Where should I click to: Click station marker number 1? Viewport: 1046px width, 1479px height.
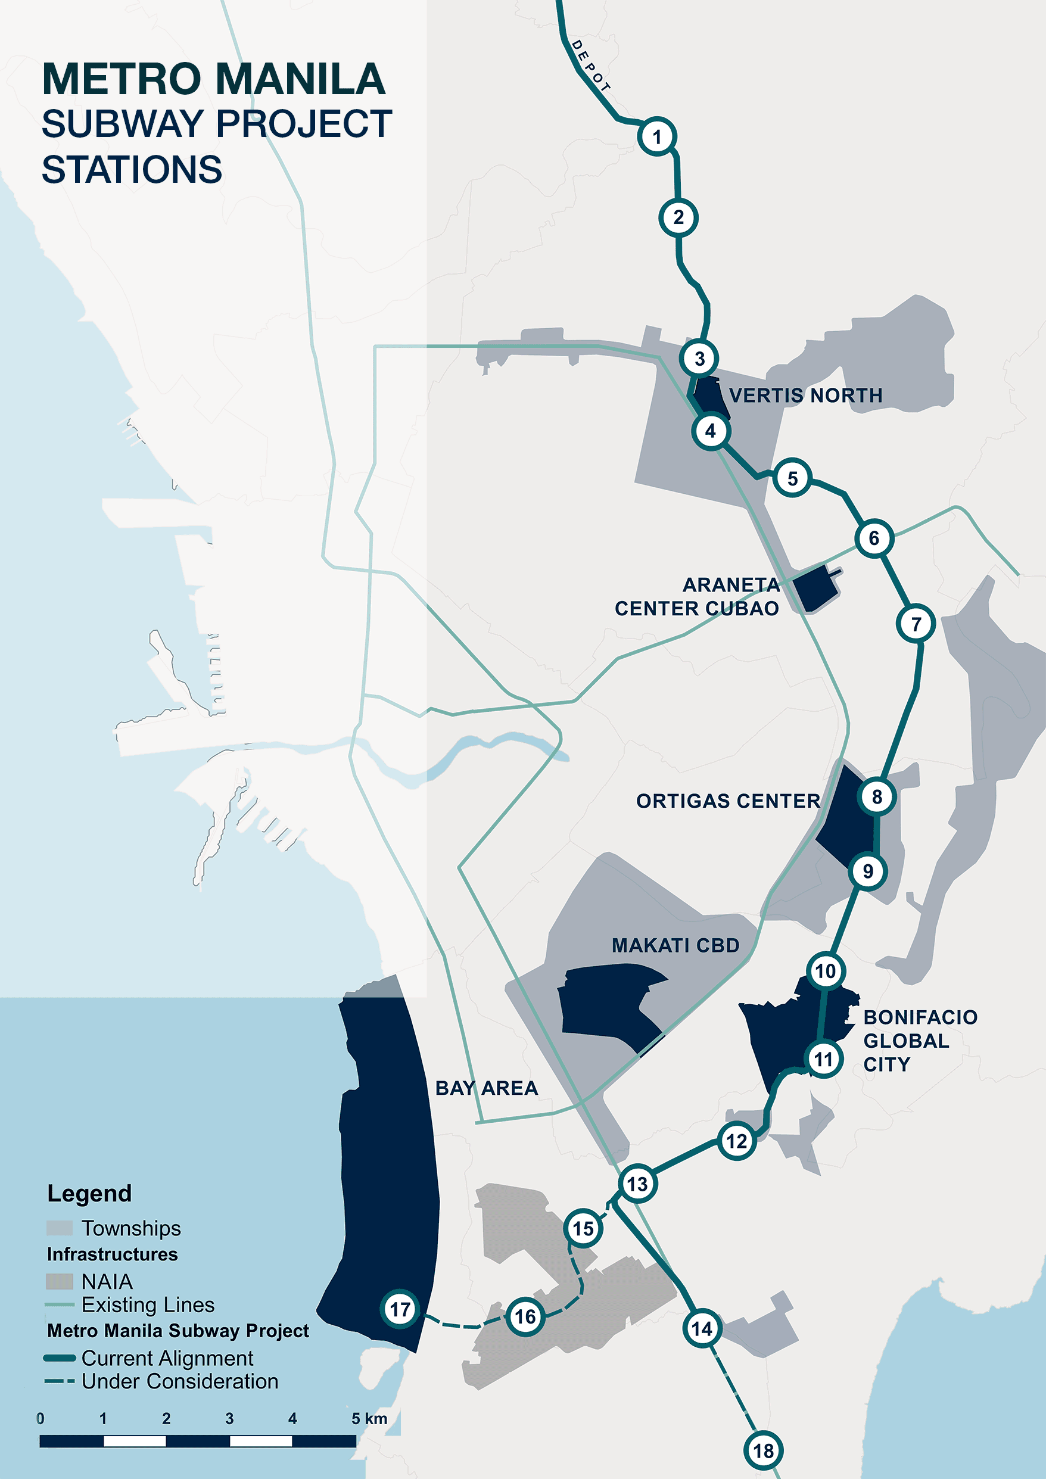tap(657, 136)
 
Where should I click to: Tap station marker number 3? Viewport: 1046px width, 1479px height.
tap(699, 358)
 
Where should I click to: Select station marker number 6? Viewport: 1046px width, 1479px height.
tap(874, 538)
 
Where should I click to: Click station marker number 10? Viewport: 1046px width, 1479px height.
tap(826, 971)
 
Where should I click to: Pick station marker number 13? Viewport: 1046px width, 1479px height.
tap(637, 1184)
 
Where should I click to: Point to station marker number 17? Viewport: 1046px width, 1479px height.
tap(400, 1309)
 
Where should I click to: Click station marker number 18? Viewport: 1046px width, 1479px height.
tap(764, 1450)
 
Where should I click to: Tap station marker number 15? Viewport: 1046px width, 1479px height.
tap(584, 1228)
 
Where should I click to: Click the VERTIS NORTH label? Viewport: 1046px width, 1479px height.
tap(805, 395)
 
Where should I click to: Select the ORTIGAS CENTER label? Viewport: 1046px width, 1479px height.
tap(728, 801)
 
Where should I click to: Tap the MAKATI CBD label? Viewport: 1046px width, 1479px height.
tap(675, 945)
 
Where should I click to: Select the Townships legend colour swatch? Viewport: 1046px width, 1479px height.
tap(59, 1228)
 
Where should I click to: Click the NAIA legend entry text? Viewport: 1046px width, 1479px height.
tap(107, 1281)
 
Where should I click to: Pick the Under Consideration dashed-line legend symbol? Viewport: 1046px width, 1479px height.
tap(59, 1381)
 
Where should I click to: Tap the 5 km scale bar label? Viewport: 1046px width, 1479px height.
tap(369, 1418)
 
